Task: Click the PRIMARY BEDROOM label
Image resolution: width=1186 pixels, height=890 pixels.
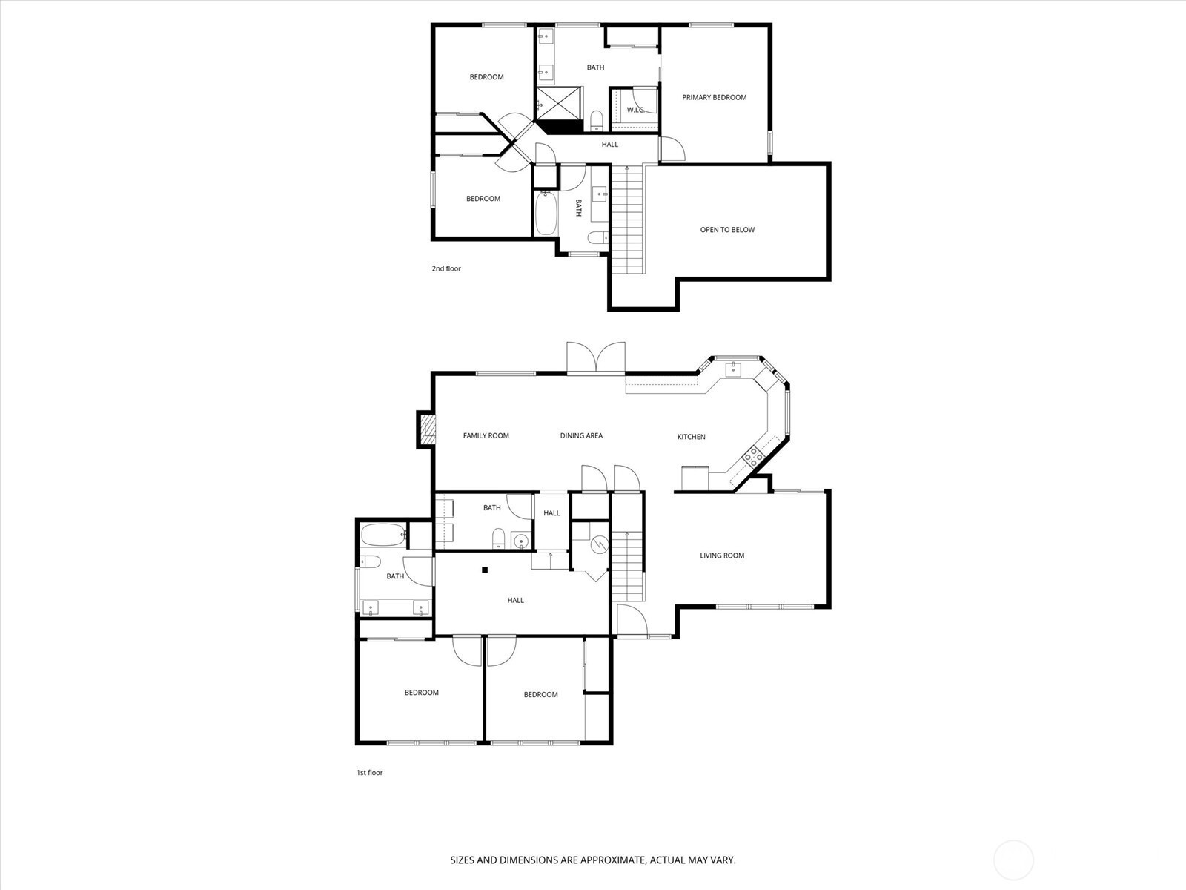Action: click(x=714, y=97)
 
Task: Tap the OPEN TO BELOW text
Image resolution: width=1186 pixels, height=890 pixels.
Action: click(x=727, y=230)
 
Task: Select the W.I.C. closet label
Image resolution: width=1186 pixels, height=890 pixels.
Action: click(x=635, y=110)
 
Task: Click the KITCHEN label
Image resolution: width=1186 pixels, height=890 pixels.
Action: click(x=691, y=437)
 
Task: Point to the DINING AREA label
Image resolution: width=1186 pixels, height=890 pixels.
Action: click(x=581, y=435)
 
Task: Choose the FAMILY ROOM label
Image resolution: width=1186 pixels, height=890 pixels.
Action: click(x=486, y=435)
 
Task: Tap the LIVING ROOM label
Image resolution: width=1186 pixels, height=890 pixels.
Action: click(x=722, y=556)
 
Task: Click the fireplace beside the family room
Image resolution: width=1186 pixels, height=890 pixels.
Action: click(x=426, y=429)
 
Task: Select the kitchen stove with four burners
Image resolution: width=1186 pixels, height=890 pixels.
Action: click(x=753, y=457)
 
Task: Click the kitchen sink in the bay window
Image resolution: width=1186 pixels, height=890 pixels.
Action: click(x=733, y=369)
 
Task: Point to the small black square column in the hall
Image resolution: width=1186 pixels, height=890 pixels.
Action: click(x=486, y=570)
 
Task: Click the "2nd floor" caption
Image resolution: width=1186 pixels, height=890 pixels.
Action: click(x=446, y=268)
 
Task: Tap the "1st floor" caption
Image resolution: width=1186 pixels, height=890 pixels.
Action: click(x=370, y=773)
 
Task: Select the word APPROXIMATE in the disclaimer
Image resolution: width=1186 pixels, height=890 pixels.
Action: click(x=613, y=860)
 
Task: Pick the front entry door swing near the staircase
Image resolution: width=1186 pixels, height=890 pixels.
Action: click(x=632, y=620)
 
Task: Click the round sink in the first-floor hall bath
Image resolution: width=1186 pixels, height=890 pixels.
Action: click(x=521, y=541)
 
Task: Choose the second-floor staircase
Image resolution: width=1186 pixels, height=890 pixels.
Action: click(x=627, y=220)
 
